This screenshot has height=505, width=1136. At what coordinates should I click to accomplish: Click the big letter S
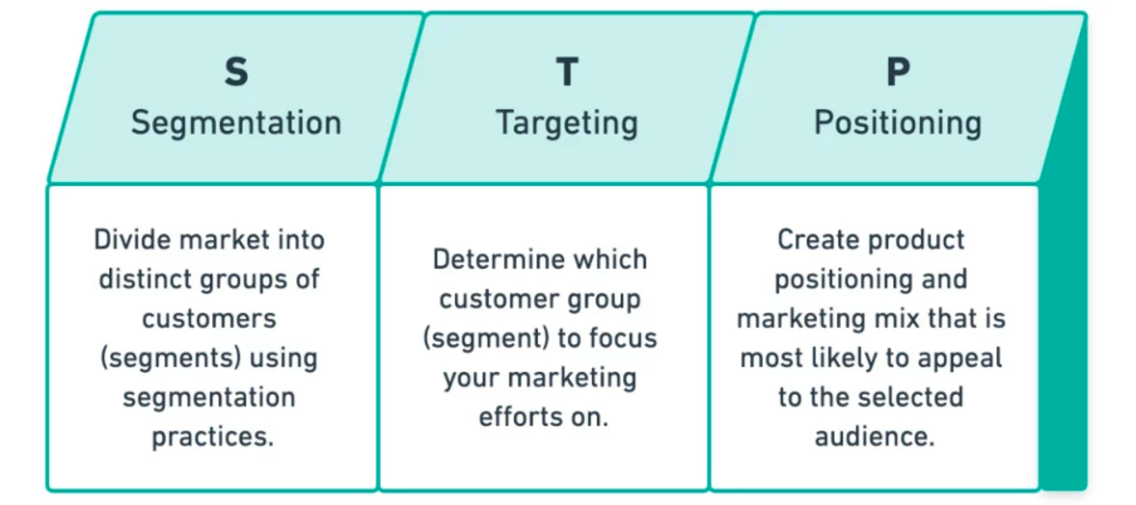pos(236,72)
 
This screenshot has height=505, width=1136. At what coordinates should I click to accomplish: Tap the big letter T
pos(567,72)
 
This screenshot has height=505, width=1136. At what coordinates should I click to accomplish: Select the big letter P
pos(898,72)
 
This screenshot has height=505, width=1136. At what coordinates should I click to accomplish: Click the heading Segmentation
pos(236,123)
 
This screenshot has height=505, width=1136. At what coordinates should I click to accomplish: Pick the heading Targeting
pos(567,123)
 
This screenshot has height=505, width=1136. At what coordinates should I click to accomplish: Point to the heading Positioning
pos(898,123)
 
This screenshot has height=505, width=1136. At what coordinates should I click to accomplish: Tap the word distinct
pos(144,279)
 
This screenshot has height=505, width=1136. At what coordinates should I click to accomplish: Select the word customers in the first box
pos(209,319)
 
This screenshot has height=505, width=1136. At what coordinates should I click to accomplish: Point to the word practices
pos(213,437)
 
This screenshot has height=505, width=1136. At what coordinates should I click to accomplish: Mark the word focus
pos(623,338)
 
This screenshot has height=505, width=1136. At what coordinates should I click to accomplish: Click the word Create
pos(813,240)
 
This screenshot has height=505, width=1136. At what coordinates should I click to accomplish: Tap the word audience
pos(875,437)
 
